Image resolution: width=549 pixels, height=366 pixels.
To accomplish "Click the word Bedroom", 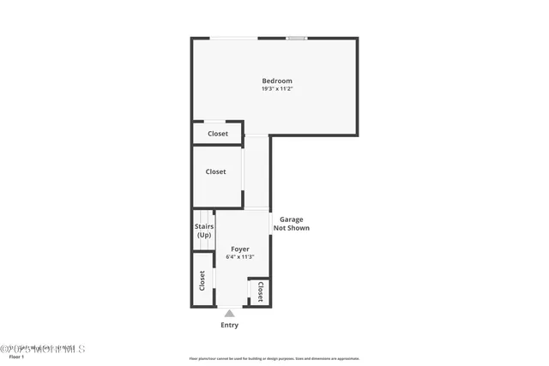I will [x=277, y=81].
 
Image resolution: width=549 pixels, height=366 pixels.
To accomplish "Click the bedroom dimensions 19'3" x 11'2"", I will [x=277, y=89].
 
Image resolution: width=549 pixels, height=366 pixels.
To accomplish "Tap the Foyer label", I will [x=239, y=249].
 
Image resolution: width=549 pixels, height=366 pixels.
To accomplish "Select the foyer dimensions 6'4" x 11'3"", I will [x=239, y=256].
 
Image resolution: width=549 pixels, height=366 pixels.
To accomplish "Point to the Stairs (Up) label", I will [x=204, y=231].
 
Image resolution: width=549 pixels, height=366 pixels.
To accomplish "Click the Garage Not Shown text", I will [x=291, y=224].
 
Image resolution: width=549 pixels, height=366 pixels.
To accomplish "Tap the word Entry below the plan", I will [x=230, y=325].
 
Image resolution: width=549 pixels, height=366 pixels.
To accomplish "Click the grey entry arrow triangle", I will [x=230, y=314].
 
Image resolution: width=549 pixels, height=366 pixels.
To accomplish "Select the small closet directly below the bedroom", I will [x=217, y=134].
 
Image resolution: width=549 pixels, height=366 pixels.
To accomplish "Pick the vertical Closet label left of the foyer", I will [x=202, y=280].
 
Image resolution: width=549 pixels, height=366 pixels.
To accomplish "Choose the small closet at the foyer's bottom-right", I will [x=259, y=291].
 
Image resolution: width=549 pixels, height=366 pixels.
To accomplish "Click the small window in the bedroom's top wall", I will [x=297, y=38].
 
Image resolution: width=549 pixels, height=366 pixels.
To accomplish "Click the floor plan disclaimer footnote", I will [x=274, y=358].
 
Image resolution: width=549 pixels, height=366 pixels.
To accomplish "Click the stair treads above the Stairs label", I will [x=204, y=216].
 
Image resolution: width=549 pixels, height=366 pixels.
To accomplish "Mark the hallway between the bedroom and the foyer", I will [x=257, y=171].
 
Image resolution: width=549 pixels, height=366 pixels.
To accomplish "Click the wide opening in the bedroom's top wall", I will [x=234, y=38].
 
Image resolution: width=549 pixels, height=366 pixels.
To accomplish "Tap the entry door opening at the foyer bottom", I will [x=229, y=307].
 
